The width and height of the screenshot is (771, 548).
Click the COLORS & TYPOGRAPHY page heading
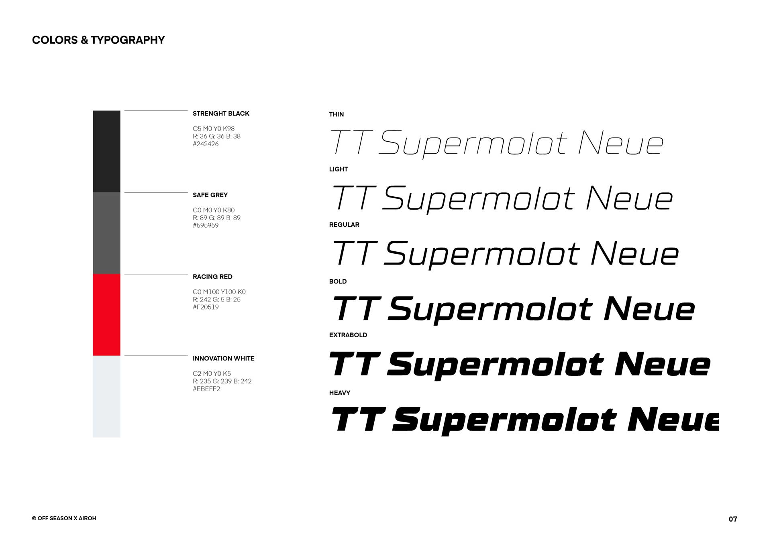click(98, 40)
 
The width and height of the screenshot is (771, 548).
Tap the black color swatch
click(106, 151)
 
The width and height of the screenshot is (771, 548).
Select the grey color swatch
click(106, 233)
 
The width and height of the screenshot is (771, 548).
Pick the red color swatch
click(106, 315)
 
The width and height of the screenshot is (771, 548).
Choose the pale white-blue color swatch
click(106, 396)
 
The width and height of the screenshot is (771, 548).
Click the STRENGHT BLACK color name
click(221, 114)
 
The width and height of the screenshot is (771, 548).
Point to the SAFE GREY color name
click(210, 195)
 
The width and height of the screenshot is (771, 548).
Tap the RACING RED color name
click(212, 277)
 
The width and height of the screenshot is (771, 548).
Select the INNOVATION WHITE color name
click(223, 359)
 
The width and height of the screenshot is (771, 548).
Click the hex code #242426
click(206, 144)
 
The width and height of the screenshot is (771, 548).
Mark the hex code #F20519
click(206, 307)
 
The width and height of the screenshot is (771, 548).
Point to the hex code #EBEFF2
click(206, 389)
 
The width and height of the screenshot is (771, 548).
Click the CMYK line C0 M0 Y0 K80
click(214, 210)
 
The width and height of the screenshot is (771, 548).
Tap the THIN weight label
click(337, 114)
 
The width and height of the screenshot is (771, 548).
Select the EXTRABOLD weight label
click(348, 335)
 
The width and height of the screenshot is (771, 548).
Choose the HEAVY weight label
click(340, 393)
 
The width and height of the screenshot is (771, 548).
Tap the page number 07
click(733, 519)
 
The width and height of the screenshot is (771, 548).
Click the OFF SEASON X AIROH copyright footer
click(64, 518)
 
